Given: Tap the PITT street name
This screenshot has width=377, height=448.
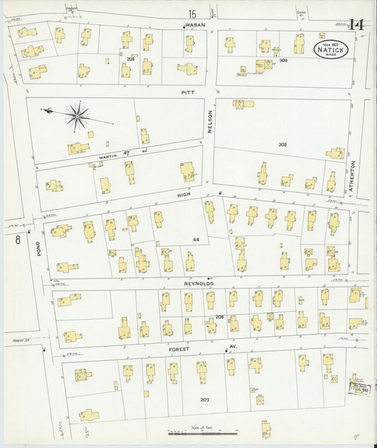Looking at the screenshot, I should coord(187,91).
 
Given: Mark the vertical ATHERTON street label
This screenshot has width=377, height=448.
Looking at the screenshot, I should coord(351,177).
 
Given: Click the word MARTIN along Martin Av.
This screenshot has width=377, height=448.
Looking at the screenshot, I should coord(108,155).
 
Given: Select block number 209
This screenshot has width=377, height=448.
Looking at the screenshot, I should coord(129,60).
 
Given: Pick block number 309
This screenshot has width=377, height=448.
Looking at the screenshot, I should coord(283,61).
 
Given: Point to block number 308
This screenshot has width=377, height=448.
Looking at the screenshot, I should coord(282,145).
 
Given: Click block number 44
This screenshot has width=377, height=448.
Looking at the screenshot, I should coord(196,240).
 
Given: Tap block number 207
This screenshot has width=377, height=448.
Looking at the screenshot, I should coord(204,400).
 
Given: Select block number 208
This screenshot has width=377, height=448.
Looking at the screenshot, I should coord(220,317).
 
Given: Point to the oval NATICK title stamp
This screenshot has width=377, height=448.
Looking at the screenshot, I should coord(331,50).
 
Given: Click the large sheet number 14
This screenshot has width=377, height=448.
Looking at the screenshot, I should coord(356,25).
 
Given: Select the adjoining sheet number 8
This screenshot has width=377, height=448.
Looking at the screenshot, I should coord(16,240).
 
